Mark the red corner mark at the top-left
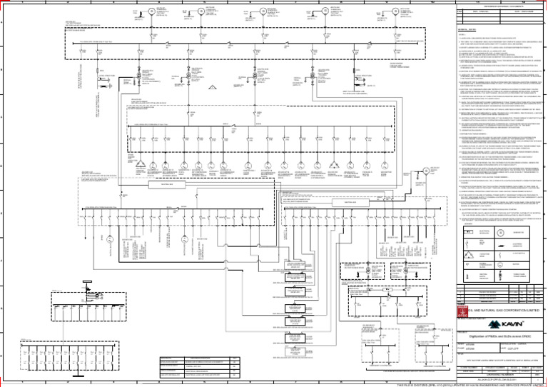pyautogui.click(x=2, y=2)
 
